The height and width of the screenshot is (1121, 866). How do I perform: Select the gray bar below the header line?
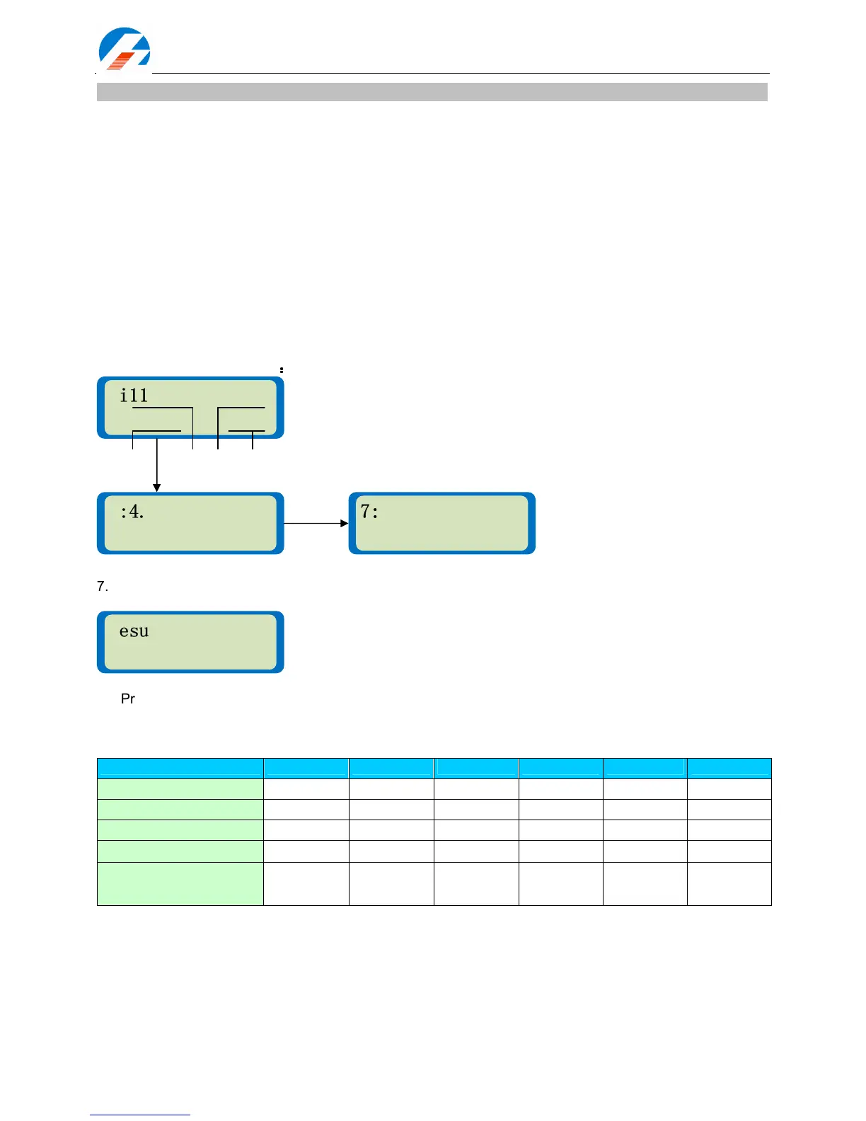432,92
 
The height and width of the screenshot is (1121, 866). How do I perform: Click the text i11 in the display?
134,396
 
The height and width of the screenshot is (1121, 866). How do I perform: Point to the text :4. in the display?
132,512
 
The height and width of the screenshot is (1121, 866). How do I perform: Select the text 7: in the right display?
369,512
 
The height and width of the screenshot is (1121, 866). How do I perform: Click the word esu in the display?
134,631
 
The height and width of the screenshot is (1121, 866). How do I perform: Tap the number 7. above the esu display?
103,587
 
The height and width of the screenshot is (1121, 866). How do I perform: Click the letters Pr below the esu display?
128,699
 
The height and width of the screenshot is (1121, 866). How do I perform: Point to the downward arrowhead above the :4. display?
157,488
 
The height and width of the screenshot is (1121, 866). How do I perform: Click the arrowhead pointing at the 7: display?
345,524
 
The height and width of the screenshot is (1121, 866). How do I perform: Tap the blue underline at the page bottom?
140,1115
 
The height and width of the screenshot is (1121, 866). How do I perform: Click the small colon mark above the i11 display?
282,369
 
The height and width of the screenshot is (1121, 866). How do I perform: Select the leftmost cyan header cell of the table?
180,769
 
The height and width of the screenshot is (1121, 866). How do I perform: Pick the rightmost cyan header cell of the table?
729,769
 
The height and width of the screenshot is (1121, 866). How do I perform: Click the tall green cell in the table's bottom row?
180,883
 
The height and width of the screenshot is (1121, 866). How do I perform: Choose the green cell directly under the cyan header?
180,789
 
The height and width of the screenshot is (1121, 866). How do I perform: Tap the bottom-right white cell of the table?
729,883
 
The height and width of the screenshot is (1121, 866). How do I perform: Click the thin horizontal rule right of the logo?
460,73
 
